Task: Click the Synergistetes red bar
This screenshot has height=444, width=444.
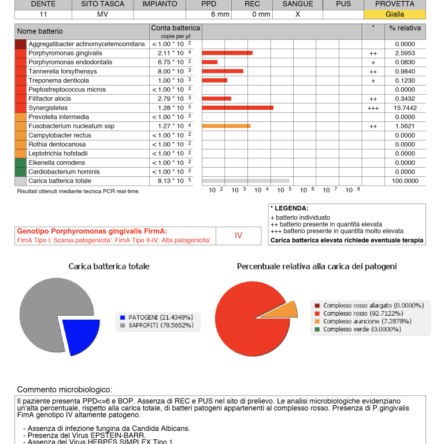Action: (238, 108)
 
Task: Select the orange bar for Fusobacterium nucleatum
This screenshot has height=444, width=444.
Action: (226, 126)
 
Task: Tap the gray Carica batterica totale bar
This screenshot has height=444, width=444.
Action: (246, 181)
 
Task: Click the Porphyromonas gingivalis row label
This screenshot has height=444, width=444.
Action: (62, 53)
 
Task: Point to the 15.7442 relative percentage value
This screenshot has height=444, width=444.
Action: (405, 108)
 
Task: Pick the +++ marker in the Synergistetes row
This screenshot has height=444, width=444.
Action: (373, 108)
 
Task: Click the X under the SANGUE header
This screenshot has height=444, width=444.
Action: (298, 14)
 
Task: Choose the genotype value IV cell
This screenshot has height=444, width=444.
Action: (239, 235)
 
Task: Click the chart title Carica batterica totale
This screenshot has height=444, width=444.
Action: (109, 267)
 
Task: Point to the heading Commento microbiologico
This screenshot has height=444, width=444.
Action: (65, 390)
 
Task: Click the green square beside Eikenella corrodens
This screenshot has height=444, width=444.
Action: (20, 163)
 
